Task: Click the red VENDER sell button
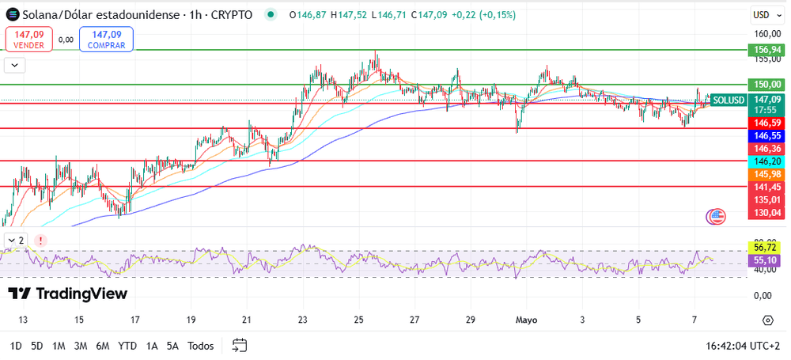pyautogui.click(x=29, y=39)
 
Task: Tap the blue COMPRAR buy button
pyautogui.click(x=106, y=39)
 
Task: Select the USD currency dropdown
pyautogui.click(x=764, y=15)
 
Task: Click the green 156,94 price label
pyautogui.click(x=766, y=49)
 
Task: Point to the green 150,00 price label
pyautogui.click(x=766, y=84)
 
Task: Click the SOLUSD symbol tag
pyautogui.click(x=728, y=100)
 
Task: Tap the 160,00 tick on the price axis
pyautogui.click(x=766, y=33)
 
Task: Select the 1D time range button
pyautogui.click(x=16, y=345)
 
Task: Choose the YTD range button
pyautogui.click(x=127, y=345)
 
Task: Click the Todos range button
pyautogui.click(x=201, y=345)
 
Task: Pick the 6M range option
pyautogui.click(x=102, y=345)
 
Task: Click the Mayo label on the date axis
pyautogui.click(x=526, y=320)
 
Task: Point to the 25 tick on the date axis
pyautogui.click(x=358, y=320)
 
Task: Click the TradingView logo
pyautogui.click(x=67, y=294)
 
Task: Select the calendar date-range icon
pyautogui.click(x=240, y=345)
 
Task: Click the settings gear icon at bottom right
pyautogui.click(x=767, y=320)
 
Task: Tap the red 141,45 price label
pyautogui.click(x=766, y=187)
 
